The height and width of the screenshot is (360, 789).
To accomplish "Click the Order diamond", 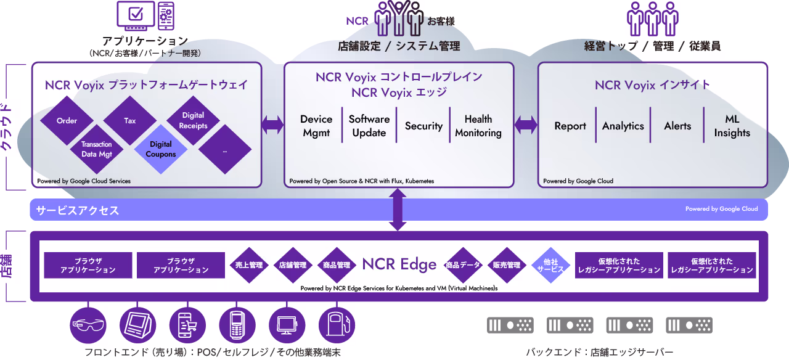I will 67,121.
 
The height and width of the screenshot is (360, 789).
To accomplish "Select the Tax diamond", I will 130,121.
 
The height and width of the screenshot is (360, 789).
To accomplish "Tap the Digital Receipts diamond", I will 193,120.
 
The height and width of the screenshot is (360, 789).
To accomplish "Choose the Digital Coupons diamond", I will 161,149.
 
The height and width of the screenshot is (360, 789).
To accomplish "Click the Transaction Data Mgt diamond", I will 97,149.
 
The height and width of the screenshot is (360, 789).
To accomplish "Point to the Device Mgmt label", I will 316,126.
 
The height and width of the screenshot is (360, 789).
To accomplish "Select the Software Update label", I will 369,126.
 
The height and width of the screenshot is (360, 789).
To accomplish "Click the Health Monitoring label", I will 478,126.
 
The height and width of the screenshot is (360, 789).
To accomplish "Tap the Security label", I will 423,126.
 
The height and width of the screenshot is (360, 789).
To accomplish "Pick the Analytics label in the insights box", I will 623,126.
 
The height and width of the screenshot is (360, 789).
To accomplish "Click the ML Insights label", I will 732,126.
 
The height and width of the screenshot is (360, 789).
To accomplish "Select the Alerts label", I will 677,126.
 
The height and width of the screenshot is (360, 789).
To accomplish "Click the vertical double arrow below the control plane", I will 398,210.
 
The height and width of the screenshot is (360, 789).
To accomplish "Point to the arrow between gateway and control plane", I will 272,125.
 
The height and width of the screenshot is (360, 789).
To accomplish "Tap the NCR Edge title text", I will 399,264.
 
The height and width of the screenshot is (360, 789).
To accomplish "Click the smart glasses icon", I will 88,324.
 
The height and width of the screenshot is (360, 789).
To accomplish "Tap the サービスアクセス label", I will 77,210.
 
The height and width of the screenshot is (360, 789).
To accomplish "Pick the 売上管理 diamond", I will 249,265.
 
